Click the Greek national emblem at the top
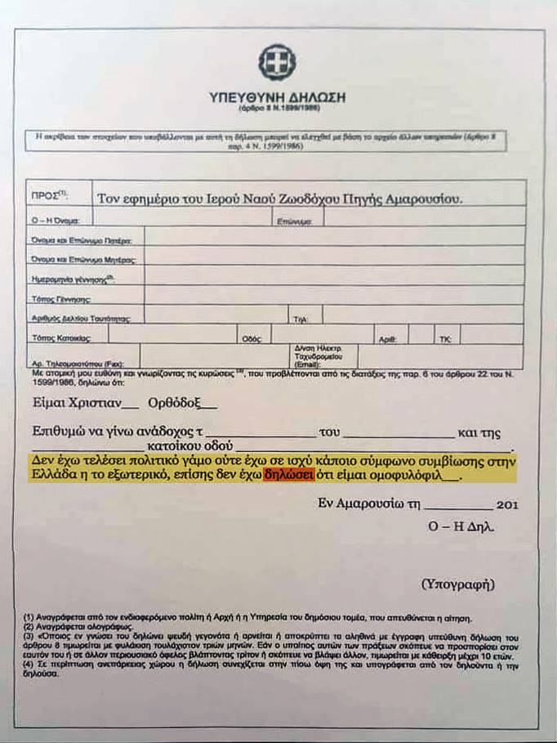coord(277,62)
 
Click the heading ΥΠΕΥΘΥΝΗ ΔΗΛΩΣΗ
coord(277,97)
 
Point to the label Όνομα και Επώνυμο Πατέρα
coord(86,239)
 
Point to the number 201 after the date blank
coord(506,505)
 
